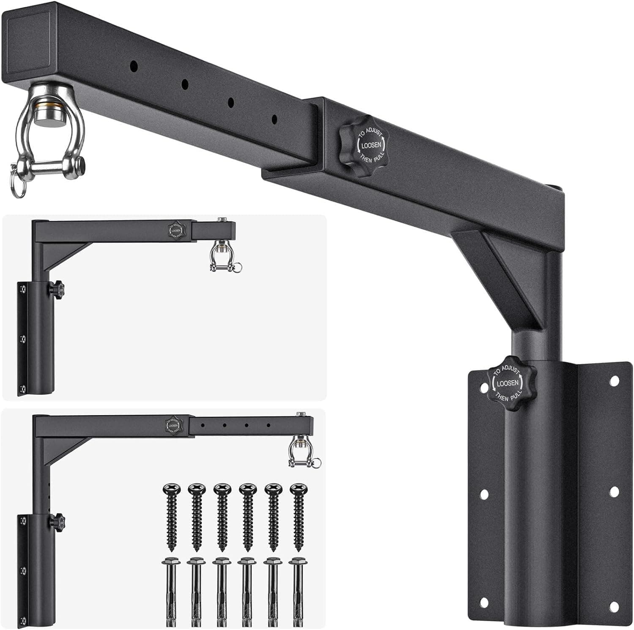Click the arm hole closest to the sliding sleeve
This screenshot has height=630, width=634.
click(275, 119)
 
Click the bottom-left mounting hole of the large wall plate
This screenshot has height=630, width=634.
click(484, 601)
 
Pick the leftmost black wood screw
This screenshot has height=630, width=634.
click(171, 517)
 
